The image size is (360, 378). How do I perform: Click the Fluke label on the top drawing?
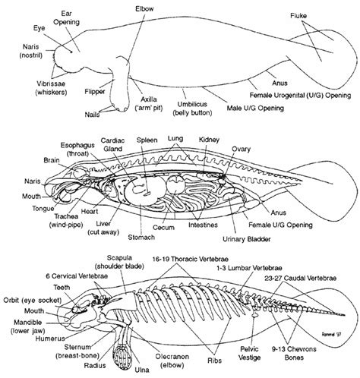tap(298, 16)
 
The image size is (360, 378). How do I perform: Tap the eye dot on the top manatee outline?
tap(71, 52)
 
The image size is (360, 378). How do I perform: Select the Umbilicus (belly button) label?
tap(192, 109)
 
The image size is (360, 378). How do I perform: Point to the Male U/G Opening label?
tap(255, 109)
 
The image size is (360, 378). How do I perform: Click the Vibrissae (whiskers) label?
tap(51, 88)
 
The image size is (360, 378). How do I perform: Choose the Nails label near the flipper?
tap(92, 115)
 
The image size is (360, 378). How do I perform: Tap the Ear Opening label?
tap(66, 17)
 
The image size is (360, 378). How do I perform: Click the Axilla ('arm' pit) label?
tap(149, 103)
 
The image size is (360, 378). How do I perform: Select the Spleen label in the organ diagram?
tap(147, 140)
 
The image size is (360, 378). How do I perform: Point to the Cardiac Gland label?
tap(112, 144)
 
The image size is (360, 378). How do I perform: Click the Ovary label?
tap(241, 149)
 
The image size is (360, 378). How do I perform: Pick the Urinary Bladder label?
tap(247, 239)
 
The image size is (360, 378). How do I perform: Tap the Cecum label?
tap(163, 227)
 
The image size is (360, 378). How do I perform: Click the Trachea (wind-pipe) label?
tap(66, 220)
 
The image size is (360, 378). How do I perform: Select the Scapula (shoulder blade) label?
tap(119, 262)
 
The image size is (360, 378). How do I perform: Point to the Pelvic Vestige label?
tap(249, 354)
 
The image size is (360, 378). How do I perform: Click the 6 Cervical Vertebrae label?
tap(77, 276)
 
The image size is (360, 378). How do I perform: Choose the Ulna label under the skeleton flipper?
tap(142, 370)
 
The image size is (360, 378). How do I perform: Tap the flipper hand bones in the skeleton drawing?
tap(122, 356)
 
